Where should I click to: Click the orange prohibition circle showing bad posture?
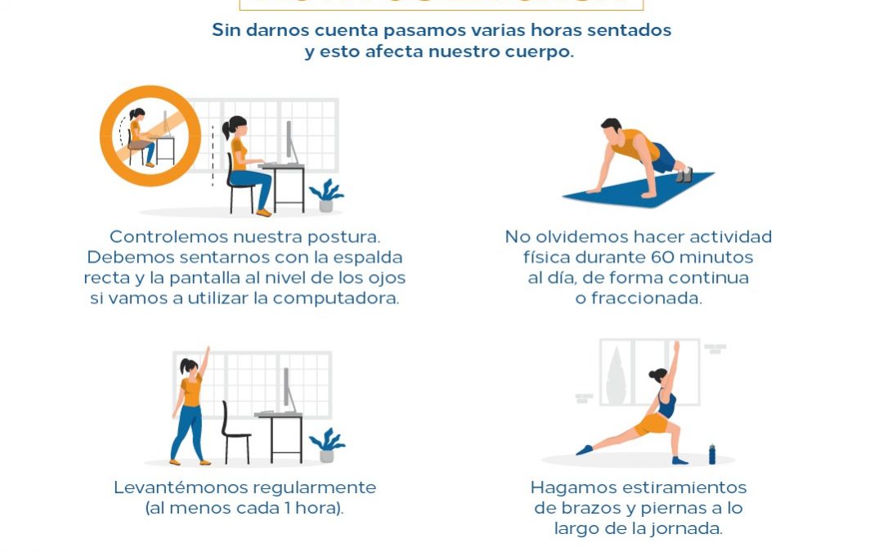[150, 137]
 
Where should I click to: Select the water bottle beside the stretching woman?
[712, 454]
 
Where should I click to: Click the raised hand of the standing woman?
[206, 352]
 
